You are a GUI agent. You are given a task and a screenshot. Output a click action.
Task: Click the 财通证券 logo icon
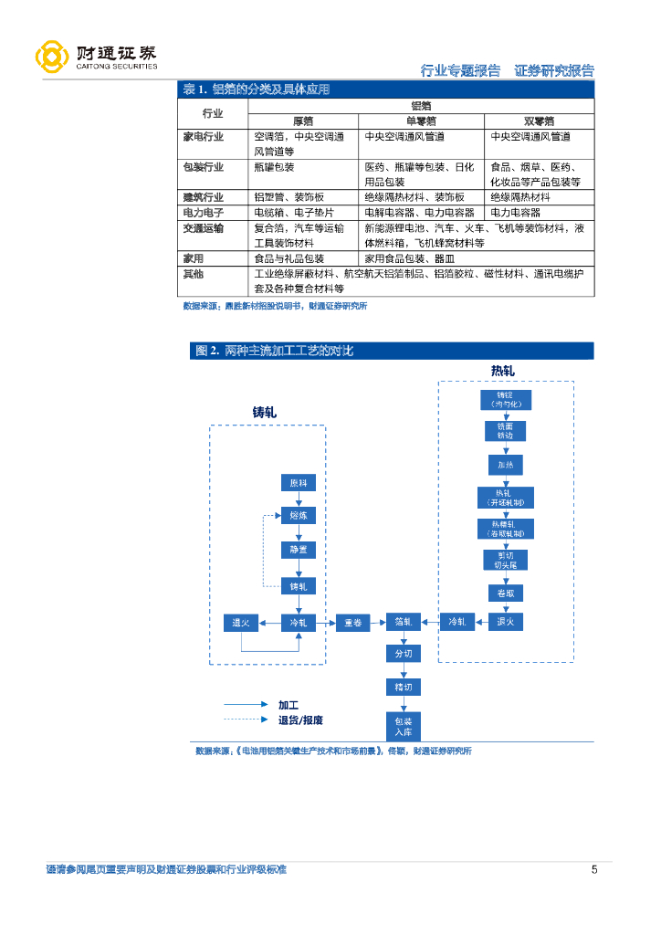(52, 57)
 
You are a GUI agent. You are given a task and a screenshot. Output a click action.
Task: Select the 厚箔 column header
(303, 121)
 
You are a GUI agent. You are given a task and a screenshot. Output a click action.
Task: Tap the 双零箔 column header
(539, 121)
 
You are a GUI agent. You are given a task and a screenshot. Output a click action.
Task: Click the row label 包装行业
(203, 168)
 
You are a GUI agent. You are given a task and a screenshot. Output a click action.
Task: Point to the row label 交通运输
(203, 227)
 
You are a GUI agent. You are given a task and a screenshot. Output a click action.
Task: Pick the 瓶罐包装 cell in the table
(275, 168)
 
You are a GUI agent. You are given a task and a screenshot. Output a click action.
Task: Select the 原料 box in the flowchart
(299, 483)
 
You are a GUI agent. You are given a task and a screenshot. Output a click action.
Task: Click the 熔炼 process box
(299, 516)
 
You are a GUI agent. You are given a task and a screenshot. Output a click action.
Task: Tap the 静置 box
(299, 551)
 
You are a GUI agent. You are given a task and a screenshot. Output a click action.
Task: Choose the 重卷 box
(351, 623)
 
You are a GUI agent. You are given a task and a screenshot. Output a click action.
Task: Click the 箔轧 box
(404, 623)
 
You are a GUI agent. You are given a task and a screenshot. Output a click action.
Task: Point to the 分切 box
(404, 655)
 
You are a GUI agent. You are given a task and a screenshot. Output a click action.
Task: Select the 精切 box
(404, 687)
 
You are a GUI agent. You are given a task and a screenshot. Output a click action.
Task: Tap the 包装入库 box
(404, 726)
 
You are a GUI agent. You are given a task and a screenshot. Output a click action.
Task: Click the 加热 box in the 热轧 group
(506, 465)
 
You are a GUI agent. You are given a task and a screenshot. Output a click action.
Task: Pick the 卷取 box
(506, 593)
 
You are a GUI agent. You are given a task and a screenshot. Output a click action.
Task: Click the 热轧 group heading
(503, 370)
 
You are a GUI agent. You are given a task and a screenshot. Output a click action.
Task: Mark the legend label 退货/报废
(300, 720)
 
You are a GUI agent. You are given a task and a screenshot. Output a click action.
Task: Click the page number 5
(594, 869)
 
